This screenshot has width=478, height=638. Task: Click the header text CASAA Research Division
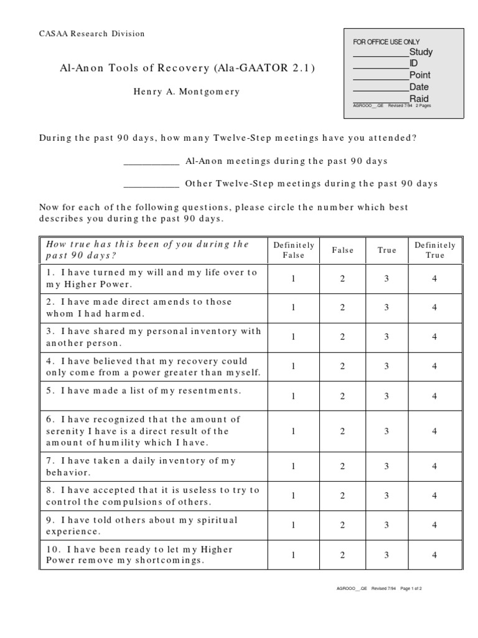pyautogui.click(x=91, y=34)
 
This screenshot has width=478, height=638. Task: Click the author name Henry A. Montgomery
pyautogui.click(x=186, y=92)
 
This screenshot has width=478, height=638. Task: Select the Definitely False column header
pyautogui.click(x=294, y=250)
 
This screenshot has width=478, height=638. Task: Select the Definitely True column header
pyautogui.click(x=435, y=250)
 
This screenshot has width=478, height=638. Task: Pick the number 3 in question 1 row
pyautogui.click(x=387, y=279)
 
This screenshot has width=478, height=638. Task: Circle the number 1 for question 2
pyautogui.click(x=294, y=308)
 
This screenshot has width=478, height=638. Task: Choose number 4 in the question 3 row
pyautogui.click(x=435, y=337)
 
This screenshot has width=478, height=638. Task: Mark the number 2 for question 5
pyautogui.click(x=342, y=396)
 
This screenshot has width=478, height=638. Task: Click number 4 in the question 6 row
pyautogui.click(x=435, y=431)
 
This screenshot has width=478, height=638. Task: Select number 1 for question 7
pyautogui.click(x=294, y=466)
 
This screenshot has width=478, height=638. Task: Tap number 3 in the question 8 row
pyautogui.click(x=387, y=496)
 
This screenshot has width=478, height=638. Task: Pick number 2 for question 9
pyautogui.click(x=342, y=525)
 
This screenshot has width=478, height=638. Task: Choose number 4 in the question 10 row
pyautogui.click(x=435, y=555)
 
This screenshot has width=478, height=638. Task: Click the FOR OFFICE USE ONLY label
pyautogui.click(x=387, y=42)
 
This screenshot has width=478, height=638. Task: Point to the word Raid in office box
pyautogui.click(x=419, y=98)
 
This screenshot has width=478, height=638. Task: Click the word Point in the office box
pyautogui.click(x=420, y=75)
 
